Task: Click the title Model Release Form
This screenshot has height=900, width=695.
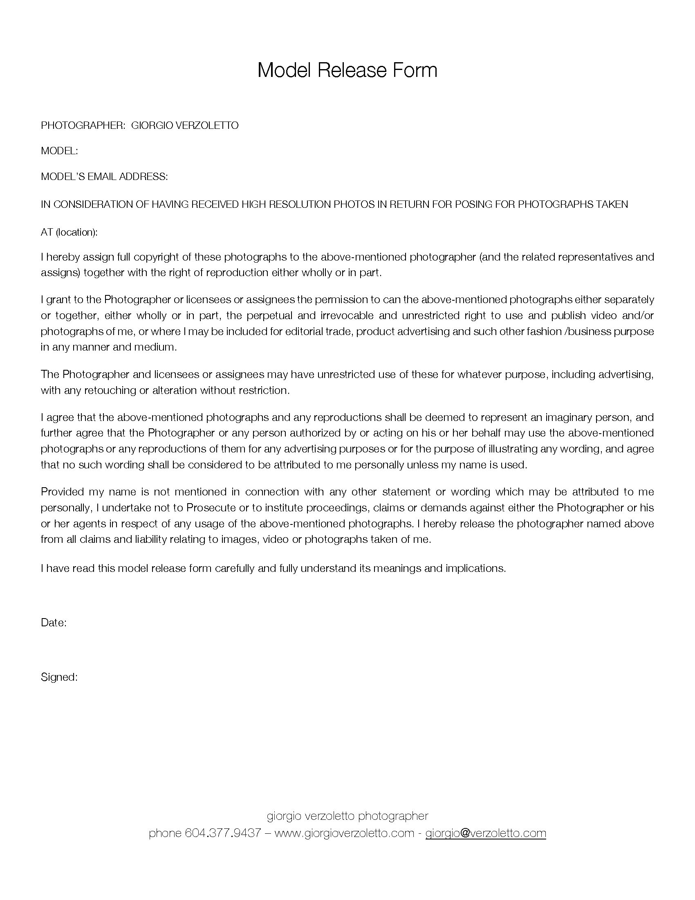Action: [x=347, y=70]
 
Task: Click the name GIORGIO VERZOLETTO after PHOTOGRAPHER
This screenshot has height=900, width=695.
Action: [x=185, y=126]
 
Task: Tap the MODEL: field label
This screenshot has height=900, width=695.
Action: [x=59, y=151]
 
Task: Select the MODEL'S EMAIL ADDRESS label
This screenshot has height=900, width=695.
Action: [x=104, y=177]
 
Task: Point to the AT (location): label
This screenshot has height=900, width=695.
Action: [x=69, y=232]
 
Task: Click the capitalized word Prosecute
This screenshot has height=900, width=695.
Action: [x=211, y=508]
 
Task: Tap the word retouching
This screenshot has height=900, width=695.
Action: [x=110, y=390]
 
